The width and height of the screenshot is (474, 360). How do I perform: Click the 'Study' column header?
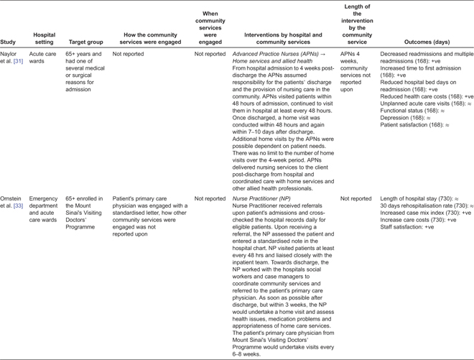pos(8,42)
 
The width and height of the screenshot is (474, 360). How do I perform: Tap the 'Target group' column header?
pos(85,42)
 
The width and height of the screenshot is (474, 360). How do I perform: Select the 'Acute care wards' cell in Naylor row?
pos(42,57)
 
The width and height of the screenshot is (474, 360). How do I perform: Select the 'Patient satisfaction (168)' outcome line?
pos(414,125)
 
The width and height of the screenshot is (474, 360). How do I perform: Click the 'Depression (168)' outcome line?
pos(405,118)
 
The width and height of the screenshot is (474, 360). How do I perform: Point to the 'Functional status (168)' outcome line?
pos(413,111)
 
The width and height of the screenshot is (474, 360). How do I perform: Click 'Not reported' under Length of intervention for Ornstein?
pos(355,198)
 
